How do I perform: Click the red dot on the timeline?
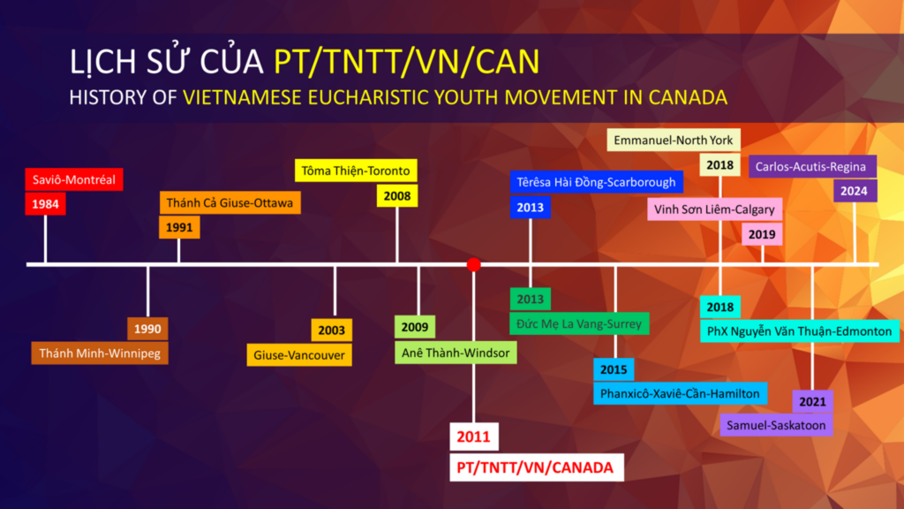474,264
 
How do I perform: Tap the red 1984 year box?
46,204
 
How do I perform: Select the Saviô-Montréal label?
74,179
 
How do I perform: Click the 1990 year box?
147,329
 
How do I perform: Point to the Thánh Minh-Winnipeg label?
100,353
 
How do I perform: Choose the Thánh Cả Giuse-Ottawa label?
230,203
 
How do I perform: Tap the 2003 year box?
332,330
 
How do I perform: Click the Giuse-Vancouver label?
299,355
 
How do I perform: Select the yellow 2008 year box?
397,195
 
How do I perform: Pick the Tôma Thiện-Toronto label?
356,171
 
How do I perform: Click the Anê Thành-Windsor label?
456,353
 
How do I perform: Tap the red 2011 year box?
474,437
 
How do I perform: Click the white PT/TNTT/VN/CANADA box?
537,467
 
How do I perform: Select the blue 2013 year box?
531,207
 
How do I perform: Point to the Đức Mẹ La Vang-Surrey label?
579,323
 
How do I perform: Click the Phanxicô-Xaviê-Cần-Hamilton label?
681,393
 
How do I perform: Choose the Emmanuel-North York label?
674,141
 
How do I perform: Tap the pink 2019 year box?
762,234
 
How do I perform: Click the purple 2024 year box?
855,191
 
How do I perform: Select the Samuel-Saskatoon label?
776,425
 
